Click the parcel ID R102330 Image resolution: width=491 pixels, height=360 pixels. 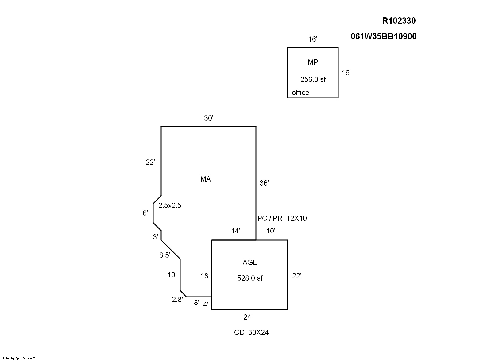pyautogui.click(x=399, y=21)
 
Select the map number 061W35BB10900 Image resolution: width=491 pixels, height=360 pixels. pyautogui.click(x=384, y=36)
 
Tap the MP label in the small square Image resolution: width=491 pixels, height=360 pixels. pyautogui.click(x=313, y=62)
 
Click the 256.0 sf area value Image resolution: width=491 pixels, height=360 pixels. pyautogui.click(x=313, y=79)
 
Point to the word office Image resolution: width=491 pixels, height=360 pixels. pyautogui.click(x=300, y=93)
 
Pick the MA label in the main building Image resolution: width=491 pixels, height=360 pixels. pyautogui.click(x=206, y=179)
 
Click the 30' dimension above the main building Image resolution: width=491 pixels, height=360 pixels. pyautogui.click(x=209, y=118)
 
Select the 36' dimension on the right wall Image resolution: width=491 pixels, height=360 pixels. pyautogui.click(x=264, y=183)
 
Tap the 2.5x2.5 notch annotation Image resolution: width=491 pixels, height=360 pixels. pyautogui.click(x=170, y=205)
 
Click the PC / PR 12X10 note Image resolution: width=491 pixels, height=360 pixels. pyautogui.click(x=282, y=218)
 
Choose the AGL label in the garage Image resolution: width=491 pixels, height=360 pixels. pyautogui.click(x=249, y=262)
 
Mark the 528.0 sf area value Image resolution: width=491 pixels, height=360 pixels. pyautogui.click(x=250, y=278)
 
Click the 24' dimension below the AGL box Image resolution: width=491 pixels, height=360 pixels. pyautogui.click(x=248, y=317)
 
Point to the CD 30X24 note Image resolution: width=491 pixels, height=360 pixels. pyautogui.click(x=251, y=332)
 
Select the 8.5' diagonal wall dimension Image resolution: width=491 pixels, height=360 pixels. pyautogui.click(x=165, y=255)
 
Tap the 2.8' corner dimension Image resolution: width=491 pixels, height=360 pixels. pyautogui.click(x=177, y=300)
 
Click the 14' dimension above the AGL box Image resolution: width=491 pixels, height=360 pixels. pyautogui.click(x=235, y=231)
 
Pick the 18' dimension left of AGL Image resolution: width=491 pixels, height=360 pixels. pyautogui.click(x=205, y=276)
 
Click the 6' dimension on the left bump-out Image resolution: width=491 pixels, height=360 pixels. pyautogui.click(x=145, y=213)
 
